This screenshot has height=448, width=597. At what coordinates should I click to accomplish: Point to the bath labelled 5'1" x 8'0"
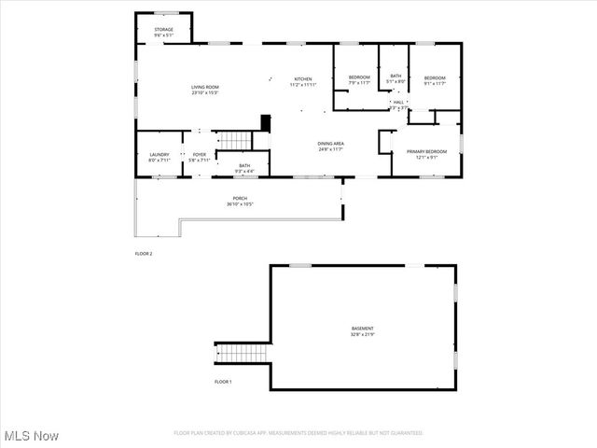[396, 78]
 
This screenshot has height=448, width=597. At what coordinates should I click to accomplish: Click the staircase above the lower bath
[236, 140]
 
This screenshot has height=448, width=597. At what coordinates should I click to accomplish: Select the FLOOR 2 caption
[144, 254]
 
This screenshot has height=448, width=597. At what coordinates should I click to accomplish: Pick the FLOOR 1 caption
[223, 382]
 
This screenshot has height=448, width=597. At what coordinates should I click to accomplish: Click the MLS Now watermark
[32, 436]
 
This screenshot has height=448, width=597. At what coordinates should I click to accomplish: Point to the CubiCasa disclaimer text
[298, 433]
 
